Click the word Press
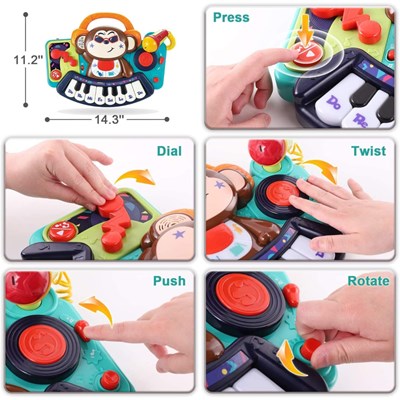[231, 17]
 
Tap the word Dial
[169, 151]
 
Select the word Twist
[368, 151]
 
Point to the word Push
[169, 281]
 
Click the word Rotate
[368, 281]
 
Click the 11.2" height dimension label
[28, 60]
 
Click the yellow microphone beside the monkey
[155, 40]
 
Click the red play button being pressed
[307, 55]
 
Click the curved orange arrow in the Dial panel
[136, 177]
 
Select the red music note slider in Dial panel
[114, 223]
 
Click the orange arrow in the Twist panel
[321, 169]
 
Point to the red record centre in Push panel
[42, 344]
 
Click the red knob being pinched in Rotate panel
[310, 348]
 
